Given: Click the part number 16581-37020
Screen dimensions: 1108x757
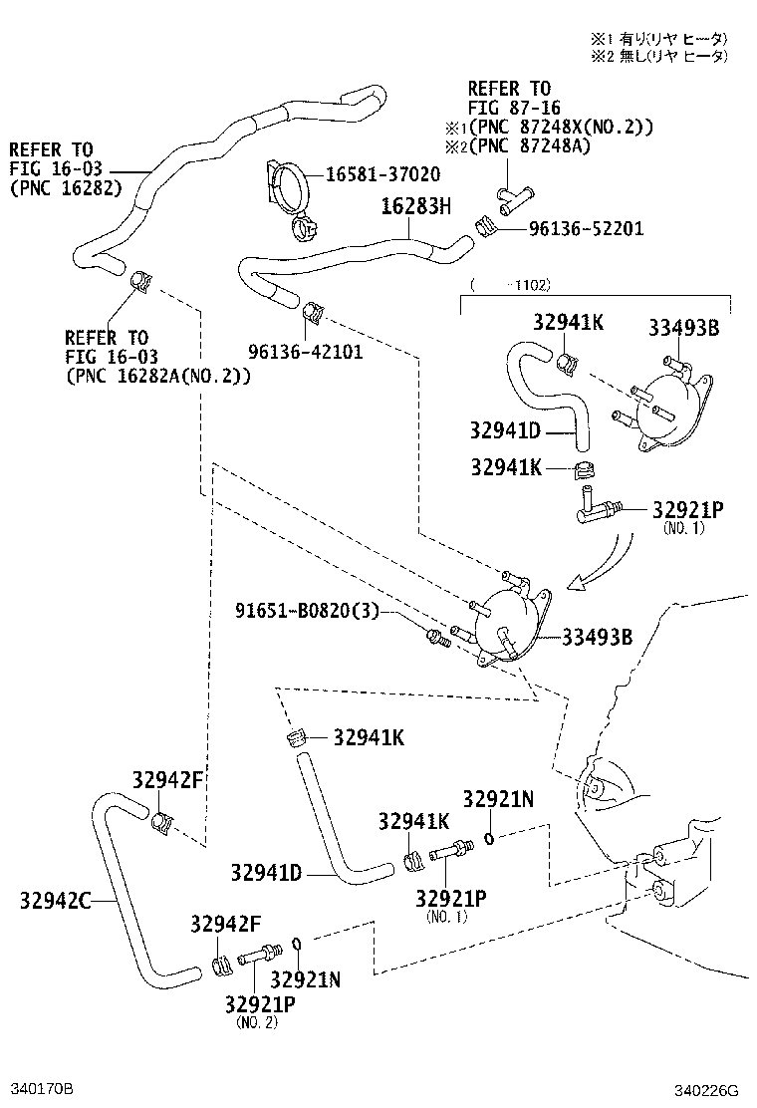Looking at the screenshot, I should [383, 174].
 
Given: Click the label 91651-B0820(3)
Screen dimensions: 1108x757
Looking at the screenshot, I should [307, 610].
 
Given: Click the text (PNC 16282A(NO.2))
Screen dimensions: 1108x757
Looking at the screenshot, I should [157, 376].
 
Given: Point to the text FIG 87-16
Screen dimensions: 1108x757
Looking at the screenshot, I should [514, 108].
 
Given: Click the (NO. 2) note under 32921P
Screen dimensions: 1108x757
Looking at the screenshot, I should [257, 1022].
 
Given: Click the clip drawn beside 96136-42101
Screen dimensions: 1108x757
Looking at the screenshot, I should [313, 312].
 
